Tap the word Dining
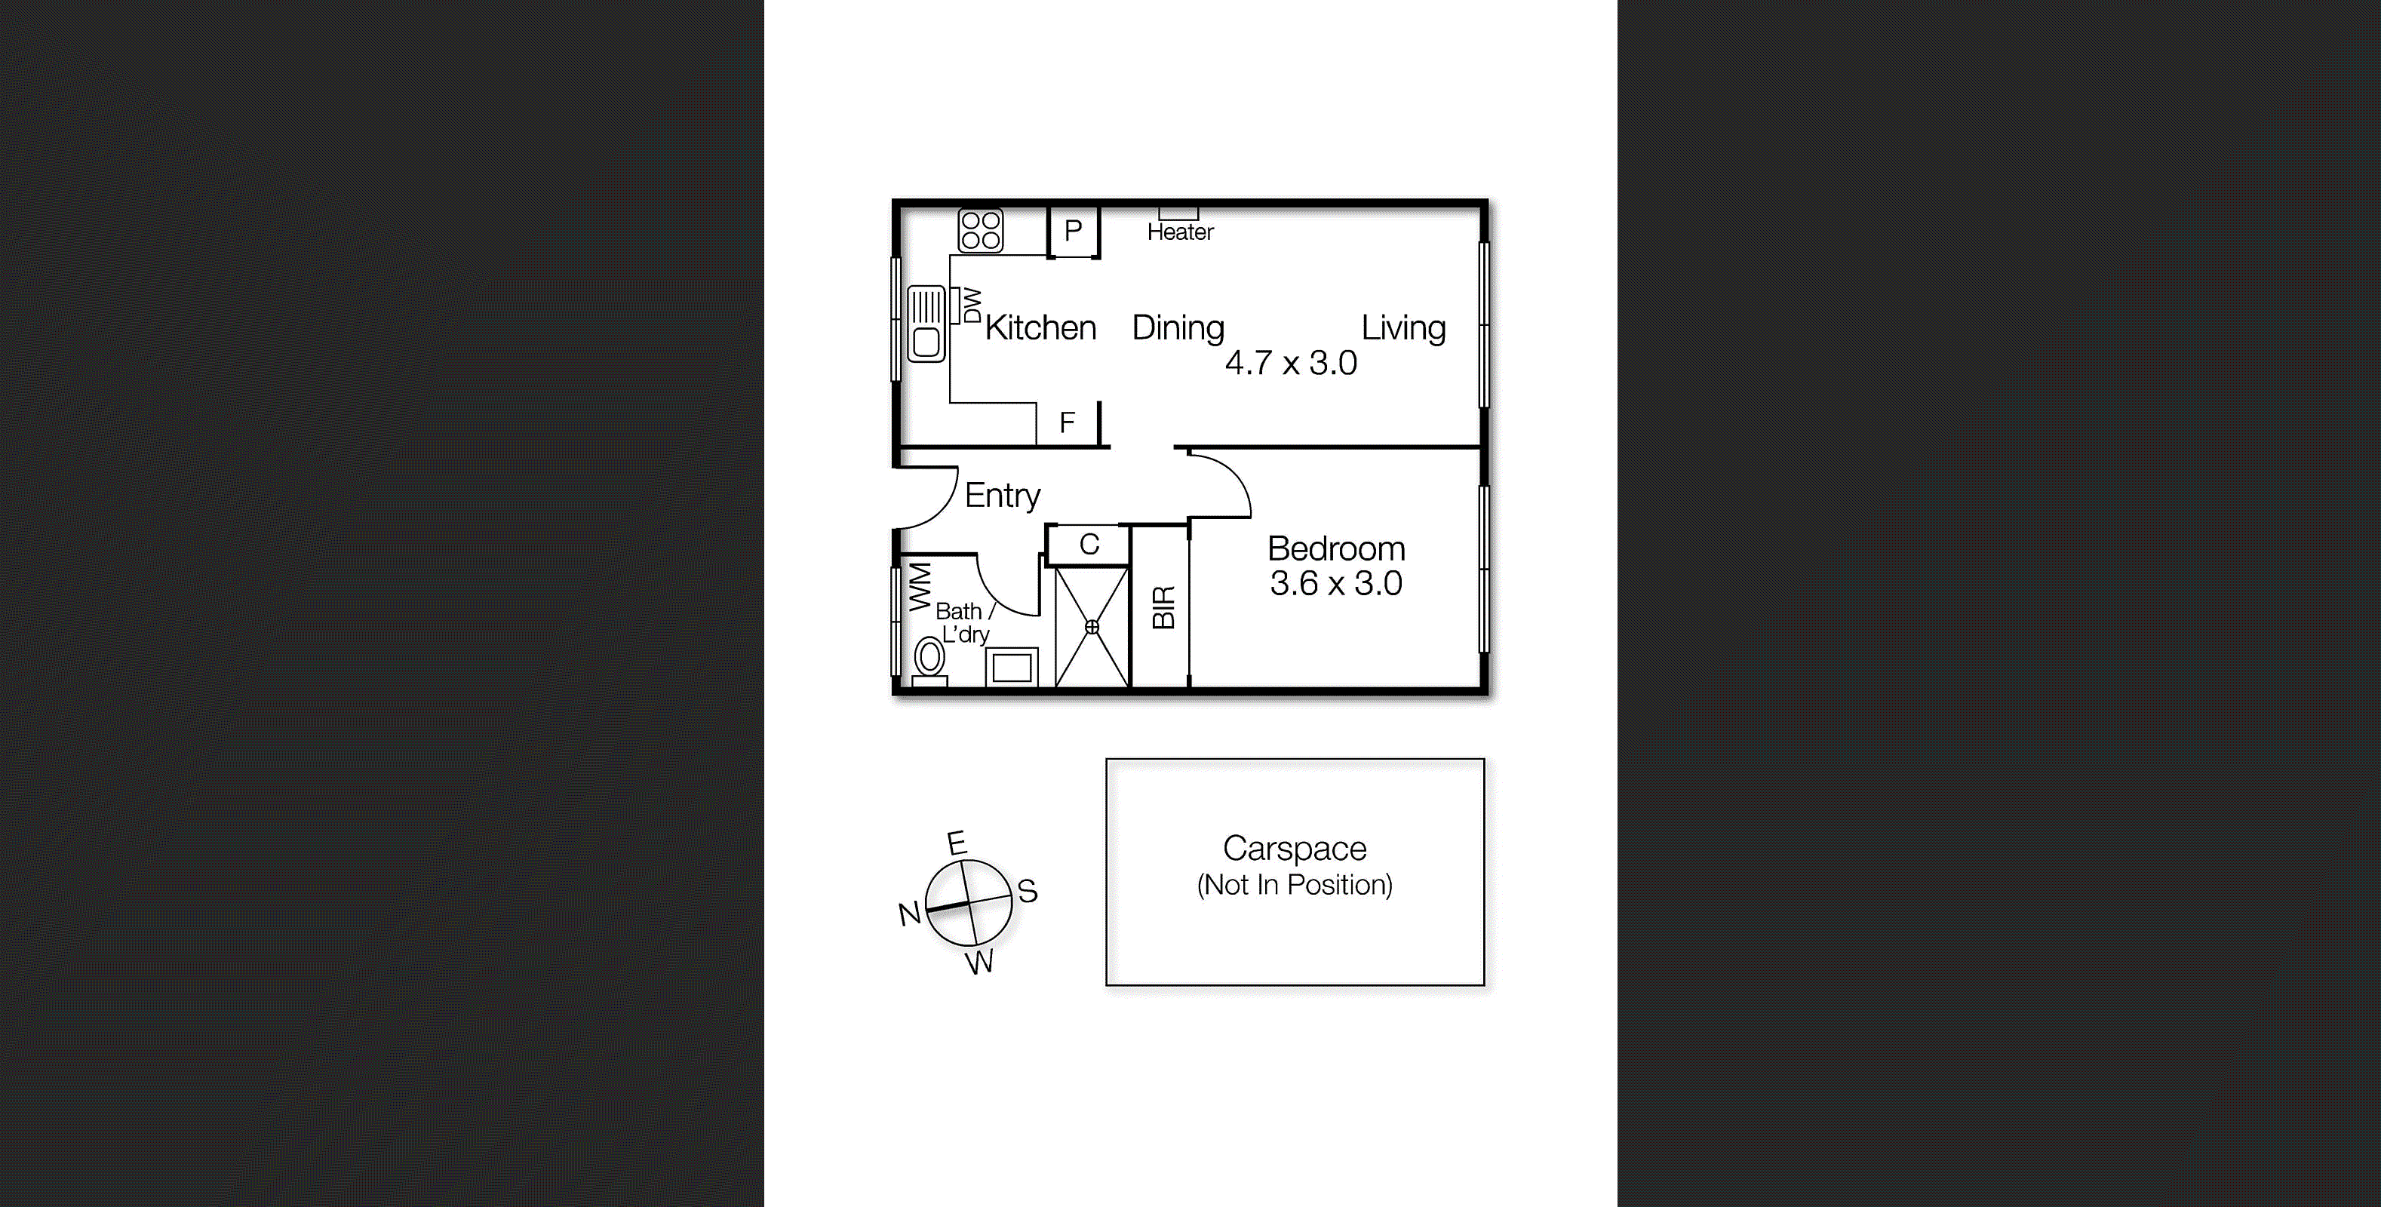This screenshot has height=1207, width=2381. click(x=1178, y=328)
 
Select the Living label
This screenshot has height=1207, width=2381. click(x=1403, y=328)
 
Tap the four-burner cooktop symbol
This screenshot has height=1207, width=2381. click(x=980, y=230)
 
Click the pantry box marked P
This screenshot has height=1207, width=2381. click(x=1073, y=231)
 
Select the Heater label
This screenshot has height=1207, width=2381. click(x=1181, y=232)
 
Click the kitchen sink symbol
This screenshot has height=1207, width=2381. click(x=926, y=324)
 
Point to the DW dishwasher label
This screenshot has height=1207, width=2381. click(x=972, y=305)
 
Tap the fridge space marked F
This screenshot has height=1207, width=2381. click(x=1068, y=423)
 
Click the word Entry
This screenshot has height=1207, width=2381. click(x=1002, y=496)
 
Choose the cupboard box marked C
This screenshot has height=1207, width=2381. click(x=1089, y=545)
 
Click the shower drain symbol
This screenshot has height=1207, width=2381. click(x=1092, y=627)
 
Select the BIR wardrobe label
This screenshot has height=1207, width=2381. click(x=1163, y=607)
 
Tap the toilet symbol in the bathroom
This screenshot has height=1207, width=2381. click(x=930, y=660)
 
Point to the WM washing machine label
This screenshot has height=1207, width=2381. click(x=920, y=586)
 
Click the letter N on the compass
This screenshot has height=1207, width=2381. click(x=910, y=914)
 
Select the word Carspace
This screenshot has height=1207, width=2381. click(x=1294, y=849)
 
